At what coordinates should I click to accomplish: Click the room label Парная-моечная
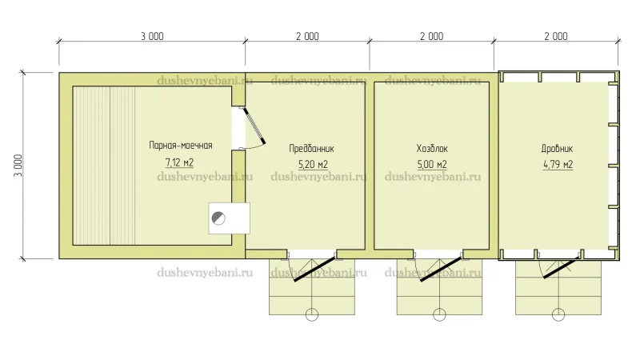click(x=181, y=146)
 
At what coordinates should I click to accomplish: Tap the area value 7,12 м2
click(x=179, y=162)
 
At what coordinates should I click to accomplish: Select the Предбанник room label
click(x=311, y=148)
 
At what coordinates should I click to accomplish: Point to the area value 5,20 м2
click(x=313, y=164)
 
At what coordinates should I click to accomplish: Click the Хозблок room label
click(x=432, y=148)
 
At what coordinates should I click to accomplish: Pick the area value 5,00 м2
click(x=432, y=164)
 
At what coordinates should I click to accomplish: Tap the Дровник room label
click(x=557, y=148)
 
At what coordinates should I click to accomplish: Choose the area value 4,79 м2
click(x=558, y=164)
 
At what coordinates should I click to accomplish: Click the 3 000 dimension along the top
click(x=152, y=36)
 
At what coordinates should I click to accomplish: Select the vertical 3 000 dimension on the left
click(x=18, y=166)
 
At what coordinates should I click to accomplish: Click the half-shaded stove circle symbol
click(x=218, y=218)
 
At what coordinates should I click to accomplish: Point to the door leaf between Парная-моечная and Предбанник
click(x=254, y=126)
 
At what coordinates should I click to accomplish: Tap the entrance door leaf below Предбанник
click(x=314, y=269)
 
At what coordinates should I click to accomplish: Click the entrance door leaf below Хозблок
click(x=441, y=269)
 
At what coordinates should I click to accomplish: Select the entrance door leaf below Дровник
click(x=562, y=267)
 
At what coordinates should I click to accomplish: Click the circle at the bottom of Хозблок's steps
click(x=439, y=314)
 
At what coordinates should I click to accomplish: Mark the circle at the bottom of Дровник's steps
click(x=558, y=314)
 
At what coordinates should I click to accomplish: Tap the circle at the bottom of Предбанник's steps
click(x=312, y=314)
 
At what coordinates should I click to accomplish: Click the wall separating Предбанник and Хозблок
click(x=370, y=166)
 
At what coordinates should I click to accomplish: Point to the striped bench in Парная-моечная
click(x=104, y=166)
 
